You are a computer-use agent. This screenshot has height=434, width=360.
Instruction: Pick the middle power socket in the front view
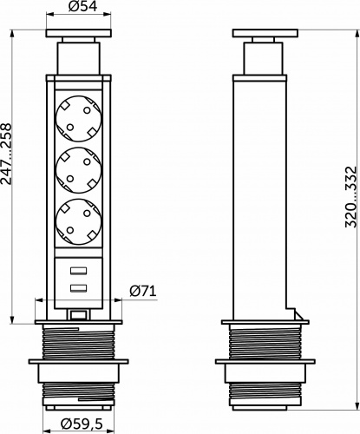pyautogui.click(x=78, y=170)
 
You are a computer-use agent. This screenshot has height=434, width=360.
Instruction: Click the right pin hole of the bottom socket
pyautogui.click(x=88, y=220)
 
